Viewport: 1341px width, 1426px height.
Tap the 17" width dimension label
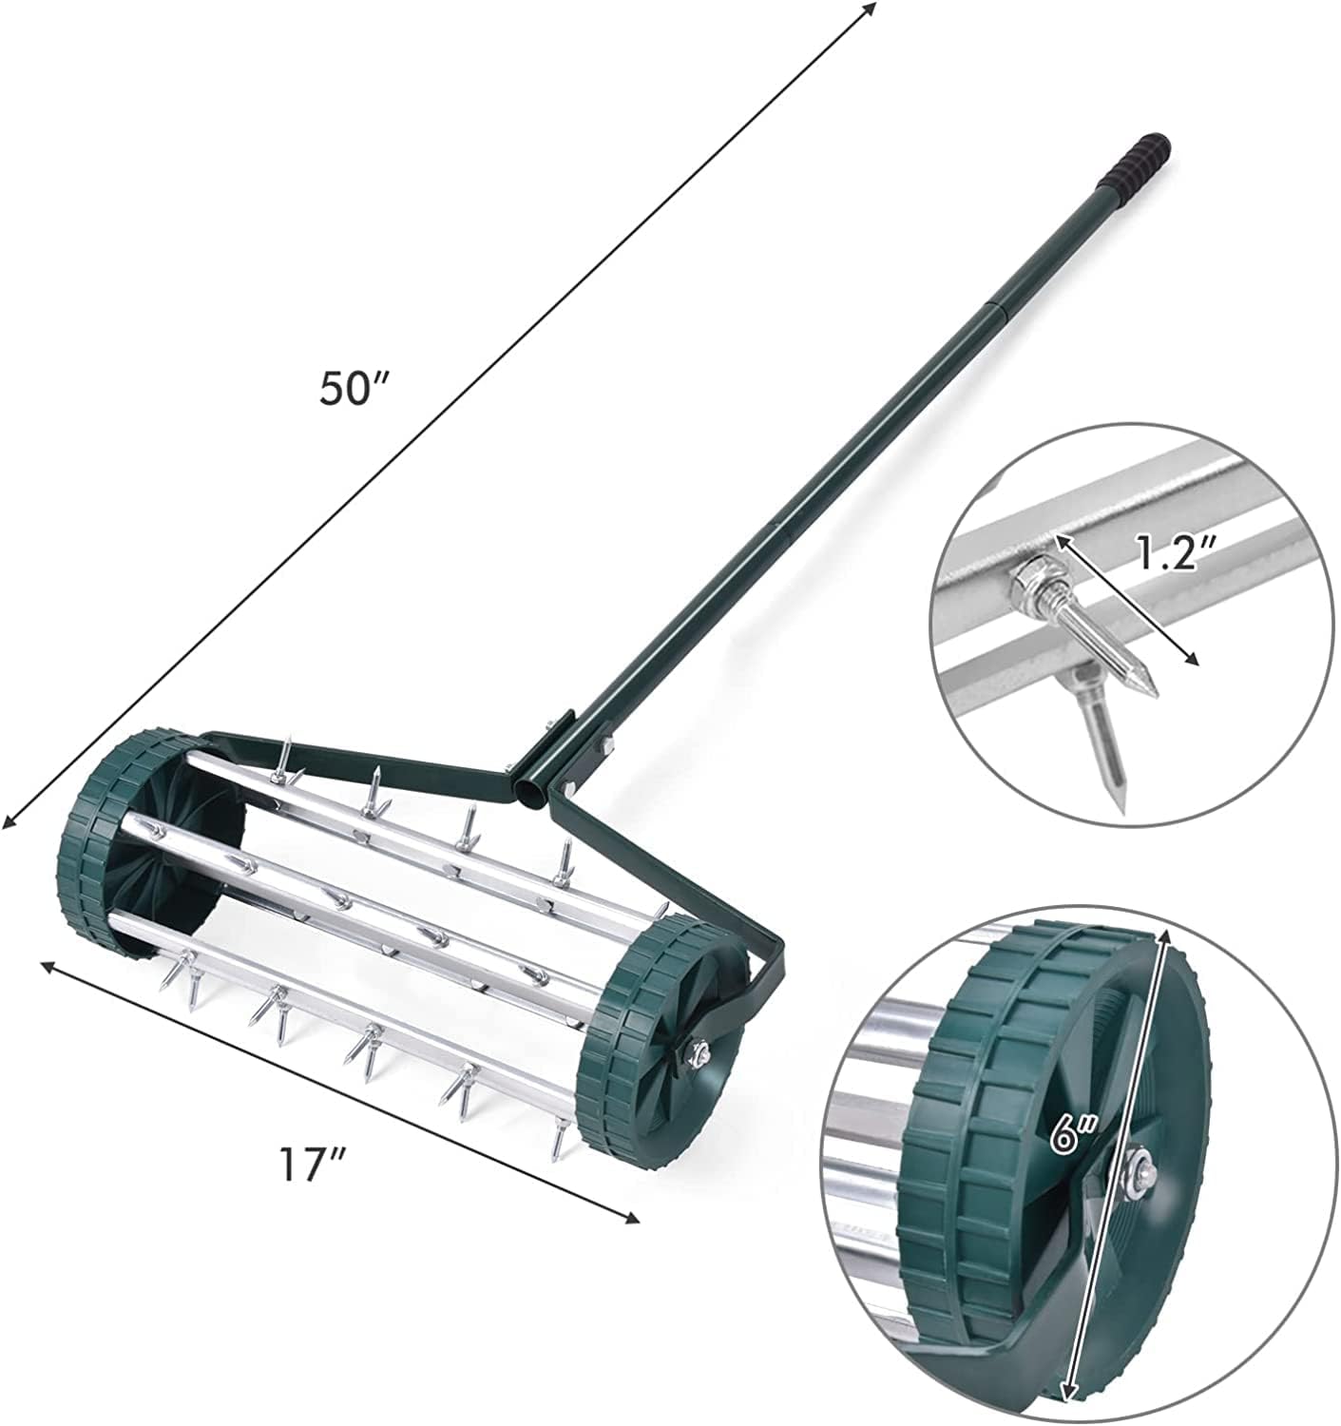point(311,1163)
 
